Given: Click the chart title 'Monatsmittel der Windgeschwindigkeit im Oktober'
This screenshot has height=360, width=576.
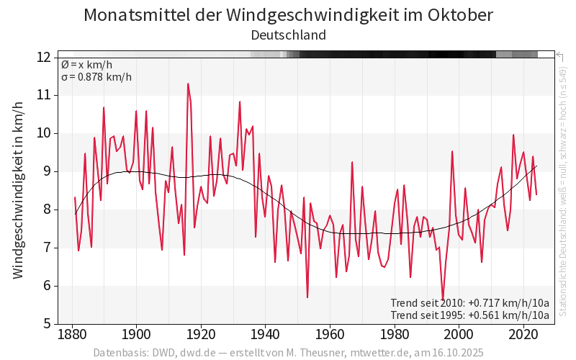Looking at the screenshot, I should [288, 15].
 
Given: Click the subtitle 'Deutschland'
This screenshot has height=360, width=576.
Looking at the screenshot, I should [288, 35].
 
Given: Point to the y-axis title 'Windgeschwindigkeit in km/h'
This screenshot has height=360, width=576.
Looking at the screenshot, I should [19, 190].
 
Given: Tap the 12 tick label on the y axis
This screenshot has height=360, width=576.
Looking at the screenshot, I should [43, 57].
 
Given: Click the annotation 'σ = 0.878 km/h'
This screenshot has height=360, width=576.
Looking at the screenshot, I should [96, 78].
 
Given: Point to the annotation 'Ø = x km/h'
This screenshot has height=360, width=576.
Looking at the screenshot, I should [86, 65].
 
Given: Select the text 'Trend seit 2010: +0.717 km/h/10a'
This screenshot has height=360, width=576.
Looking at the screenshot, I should [469, 302].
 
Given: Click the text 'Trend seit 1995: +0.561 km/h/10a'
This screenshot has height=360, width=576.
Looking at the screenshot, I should [469, 315].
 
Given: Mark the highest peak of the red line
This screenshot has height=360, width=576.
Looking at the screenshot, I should [188, 84].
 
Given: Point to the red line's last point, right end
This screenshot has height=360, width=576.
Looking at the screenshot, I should [536, 194].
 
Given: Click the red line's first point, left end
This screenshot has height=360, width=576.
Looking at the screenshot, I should [75, 197].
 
